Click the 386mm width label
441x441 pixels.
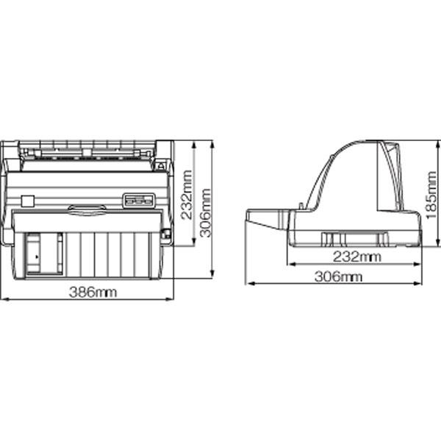[93, 292]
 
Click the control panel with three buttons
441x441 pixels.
[138, 199]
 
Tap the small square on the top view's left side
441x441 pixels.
[28, 201]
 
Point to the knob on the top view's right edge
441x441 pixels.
[165, 234]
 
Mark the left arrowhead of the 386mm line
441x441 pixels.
[4, 299]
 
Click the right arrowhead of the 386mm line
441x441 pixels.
[171, 299]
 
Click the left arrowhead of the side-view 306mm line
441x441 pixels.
[248, 282]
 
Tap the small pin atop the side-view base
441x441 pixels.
[300, 205]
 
